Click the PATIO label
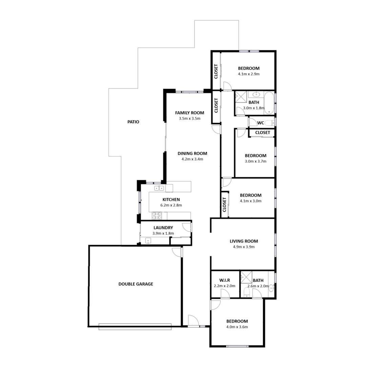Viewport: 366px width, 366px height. tap(133, 122)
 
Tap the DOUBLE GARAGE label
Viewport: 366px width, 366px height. tap(136, 284)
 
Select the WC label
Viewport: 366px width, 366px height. tap(261, 123)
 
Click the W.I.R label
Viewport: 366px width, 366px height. tap(225, 280)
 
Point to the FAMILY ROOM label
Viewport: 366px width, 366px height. tap(189, 113)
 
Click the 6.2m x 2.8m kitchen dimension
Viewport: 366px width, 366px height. tap(171, 205)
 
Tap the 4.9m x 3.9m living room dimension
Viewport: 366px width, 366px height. tap(244, 247)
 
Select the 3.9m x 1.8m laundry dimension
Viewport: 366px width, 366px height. tap(163, 233)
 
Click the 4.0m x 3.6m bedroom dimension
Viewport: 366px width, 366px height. tap(237, 327)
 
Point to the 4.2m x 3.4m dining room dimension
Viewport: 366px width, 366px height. tap(192, 159)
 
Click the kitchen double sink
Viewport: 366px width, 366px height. tap(159, 188)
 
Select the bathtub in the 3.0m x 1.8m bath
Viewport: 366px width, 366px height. tap(269, 102)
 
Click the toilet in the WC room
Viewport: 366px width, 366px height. tap(269, 123)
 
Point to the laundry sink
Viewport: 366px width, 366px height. tap(148, 241)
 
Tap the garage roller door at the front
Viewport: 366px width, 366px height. tap(135, 327)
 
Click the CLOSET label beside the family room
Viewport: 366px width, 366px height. tap(216, 105)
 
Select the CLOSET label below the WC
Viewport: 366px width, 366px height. tap(263, 133)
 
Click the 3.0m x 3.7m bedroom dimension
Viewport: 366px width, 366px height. tap(256, 161)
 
